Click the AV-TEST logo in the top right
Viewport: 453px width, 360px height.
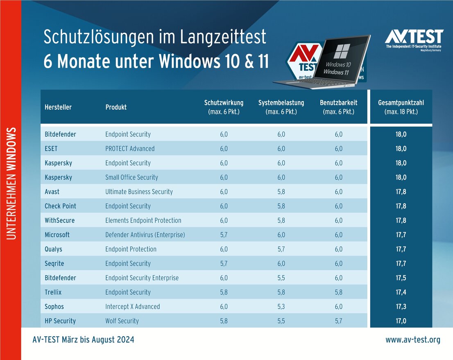point(414,39)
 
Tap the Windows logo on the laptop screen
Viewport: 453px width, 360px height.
point(341,51)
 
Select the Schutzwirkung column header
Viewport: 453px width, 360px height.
point(224,107)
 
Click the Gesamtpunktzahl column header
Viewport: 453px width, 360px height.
point(401,107)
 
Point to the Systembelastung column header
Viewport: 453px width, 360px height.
point(281,107)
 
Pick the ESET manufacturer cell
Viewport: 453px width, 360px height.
point(51,149)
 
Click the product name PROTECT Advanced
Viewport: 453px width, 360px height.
point(130,149)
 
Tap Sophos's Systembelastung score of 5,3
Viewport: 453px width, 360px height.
point(281,307)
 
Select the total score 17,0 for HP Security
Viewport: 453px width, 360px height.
point(401,321)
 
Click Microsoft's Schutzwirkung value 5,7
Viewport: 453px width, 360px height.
point(224,235)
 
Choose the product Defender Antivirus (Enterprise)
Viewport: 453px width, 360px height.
point(145,235)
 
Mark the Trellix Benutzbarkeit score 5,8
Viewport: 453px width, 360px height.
point(338,292)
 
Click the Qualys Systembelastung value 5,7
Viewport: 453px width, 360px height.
point(281,249)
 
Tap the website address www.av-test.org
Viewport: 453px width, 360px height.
point(412,340)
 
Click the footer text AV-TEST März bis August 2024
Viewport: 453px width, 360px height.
point(83,340)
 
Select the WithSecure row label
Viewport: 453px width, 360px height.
point(59,221)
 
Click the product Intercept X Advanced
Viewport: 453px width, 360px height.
point(132,307)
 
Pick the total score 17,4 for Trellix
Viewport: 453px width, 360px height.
point(401,292)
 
